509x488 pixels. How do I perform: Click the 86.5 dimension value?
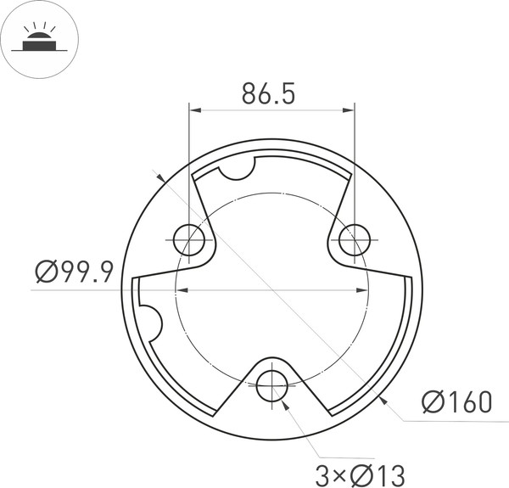(x=268, y=94)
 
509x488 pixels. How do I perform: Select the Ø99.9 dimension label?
(x=74, y=272)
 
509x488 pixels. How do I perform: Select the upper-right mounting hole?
(x=354, y=240)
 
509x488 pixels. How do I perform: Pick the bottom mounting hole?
(x=271, y=384)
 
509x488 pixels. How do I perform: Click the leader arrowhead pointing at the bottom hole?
(x=285, y=402)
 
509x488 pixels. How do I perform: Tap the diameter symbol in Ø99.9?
(x=48, y=272)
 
